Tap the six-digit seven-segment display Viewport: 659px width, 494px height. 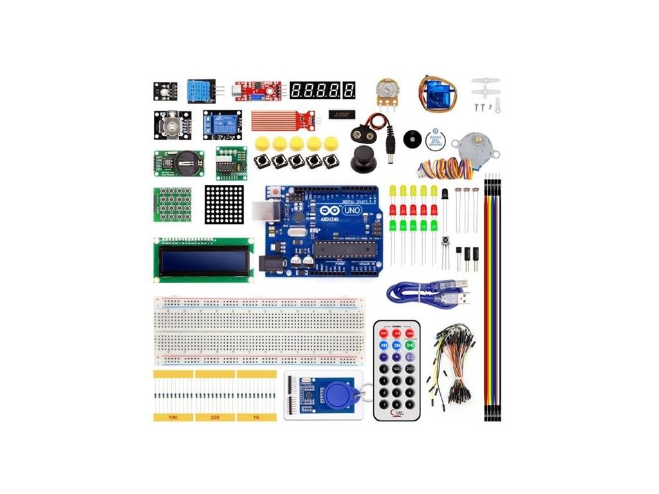pos(322,89)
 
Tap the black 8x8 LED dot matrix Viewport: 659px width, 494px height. pos(225,205)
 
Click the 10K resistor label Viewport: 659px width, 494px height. pos(172,417)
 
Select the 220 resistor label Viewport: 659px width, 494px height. pos(214,417)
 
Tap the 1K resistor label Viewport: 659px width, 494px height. pos(256,417)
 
